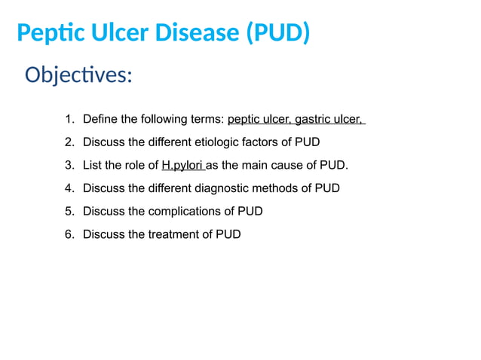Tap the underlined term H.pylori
click(x=182, y=165)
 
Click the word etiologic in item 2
click(x=218, y=142)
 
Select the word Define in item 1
click(x=100, y=119)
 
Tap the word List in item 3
click(x=93, y=165)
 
